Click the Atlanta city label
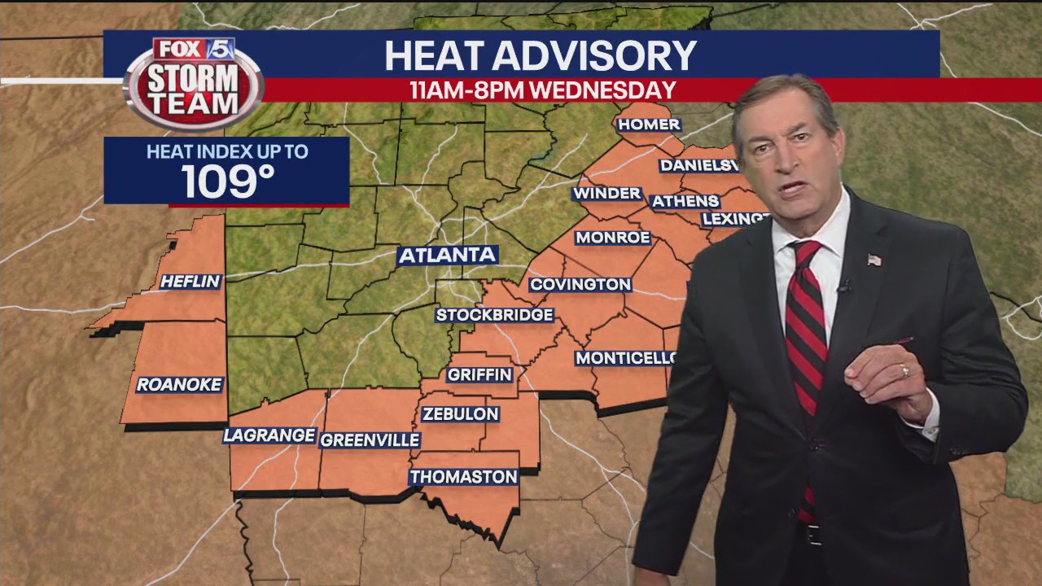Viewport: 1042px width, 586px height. click(x=447, y=255)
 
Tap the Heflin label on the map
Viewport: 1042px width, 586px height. click(x=190, y=282)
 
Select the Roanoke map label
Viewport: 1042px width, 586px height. click(x=179, y=384)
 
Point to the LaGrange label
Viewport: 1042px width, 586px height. click(x=269, y=435)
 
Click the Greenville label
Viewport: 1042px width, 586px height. click(x=370, y=440)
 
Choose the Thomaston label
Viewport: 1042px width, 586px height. click(x=463, y=477)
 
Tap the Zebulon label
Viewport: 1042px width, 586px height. click(x=460, y=414)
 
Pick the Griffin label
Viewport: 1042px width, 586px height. click(x=479, y=374)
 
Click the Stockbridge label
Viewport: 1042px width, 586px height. click(x=495, y=315)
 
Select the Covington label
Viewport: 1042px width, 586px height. click(x=580, y=284)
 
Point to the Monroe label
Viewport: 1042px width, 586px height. click(x=612, y=238)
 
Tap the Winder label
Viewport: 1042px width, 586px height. click(x=607, y=193)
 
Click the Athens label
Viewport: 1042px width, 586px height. click(x=685, y=201)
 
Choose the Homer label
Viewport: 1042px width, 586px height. click(x=648, y=125)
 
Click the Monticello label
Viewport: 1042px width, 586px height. click(x=625, y=358)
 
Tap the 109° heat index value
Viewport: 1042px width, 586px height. click(x=227, y=181)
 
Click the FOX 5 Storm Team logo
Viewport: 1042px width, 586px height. click(x=194, y=82)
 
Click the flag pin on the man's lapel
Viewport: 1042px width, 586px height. click(x=874, y=260)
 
